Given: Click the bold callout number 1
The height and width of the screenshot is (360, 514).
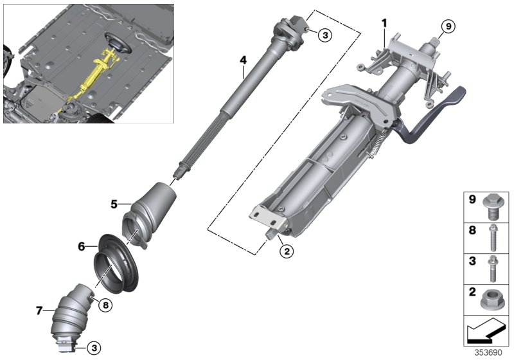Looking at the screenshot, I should click(384, 23).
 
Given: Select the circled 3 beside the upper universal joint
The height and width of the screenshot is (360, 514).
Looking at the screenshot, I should click(324, 35).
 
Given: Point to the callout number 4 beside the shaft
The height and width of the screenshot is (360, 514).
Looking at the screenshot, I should click(243, 60).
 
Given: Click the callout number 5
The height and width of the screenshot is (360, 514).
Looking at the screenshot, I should click(113, 204).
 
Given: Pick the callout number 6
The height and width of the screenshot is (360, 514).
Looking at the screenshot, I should click(82, 246).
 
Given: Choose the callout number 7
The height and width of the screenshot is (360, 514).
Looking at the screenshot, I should click(39, 310).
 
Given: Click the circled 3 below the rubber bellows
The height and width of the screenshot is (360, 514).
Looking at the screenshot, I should click(94, 348).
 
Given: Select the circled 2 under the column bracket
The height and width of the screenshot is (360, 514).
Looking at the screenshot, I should click(287, 251).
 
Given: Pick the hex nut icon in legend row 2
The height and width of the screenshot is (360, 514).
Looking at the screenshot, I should click(492, 298).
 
